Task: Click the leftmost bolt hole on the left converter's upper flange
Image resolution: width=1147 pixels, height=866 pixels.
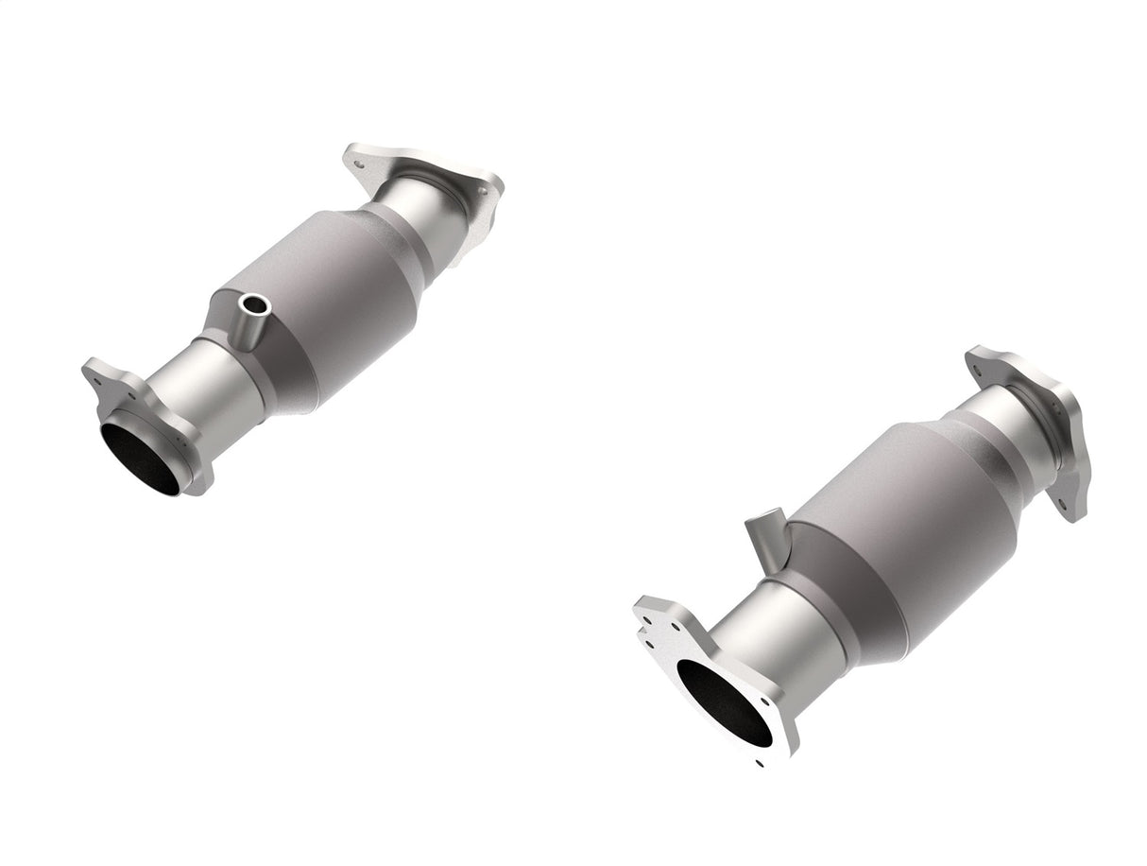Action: click(358, 163)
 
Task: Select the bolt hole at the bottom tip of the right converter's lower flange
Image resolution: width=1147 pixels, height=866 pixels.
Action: click(759, 761)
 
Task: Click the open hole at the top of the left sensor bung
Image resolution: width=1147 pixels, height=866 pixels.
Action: click(253, 304)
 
